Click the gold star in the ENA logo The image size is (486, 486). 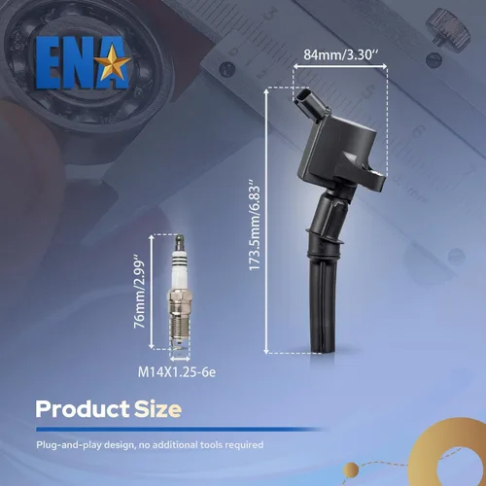pyautogui.click(x=115, y=63)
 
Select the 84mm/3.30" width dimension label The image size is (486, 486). pyautogui.click(x=341, y=55)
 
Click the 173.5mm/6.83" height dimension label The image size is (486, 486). pyautogui.click(x=255, y=228)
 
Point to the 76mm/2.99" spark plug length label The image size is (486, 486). pyautogui.click(x=140, y=292)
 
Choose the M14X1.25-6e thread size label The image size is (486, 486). pyautogui.click(x=177, y=372)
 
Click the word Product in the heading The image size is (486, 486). pyautogui.click(x=83, y=409)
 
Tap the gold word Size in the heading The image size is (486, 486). pyautogui.click(x=157, y=409)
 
